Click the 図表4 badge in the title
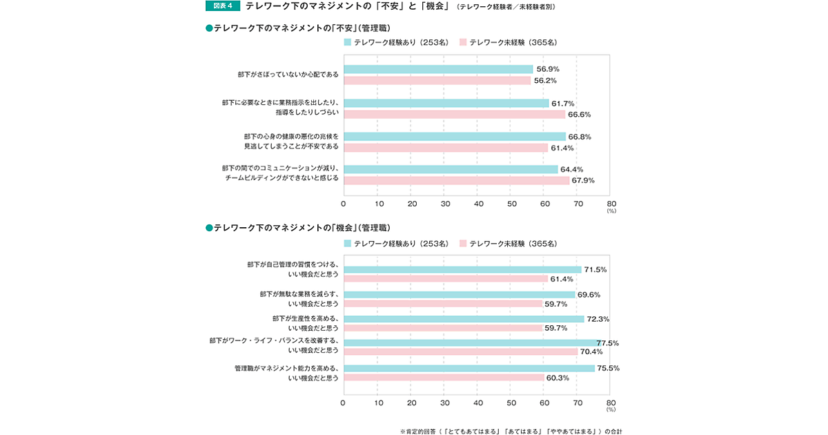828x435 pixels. point(221,6)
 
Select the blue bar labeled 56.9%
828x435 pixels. point(438,69)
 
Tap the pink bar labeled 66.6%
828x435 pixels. point(454,114)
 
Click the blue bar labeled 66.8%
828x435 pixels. point(454,136)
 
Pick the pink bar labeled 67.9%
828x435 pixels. point(456,180)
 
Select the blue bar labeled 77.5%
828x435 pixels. point(472,342)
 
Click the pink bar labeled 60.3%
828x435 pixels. point(444,378)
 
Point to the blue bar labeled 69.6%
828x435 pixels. point(459,294)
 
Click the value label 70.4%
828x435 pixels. point(591,351)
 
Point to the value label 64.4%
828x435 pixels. point(572,169)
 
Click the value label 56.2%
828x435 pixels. point(545,80)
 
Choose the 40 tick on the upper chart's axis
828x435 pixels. point(478,204)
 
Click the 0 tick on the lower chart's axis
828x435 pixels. point(343,402)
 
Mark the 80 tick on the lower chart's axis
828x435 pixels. point(611,402)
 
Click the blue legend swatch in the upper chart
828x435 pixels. point(348,42)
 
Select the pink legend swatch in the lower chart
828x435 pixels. point(463,243)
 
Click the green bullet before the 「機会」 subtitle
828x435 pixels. point(209,227)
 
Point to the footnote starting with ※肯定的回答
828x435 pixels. point(511,431)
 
